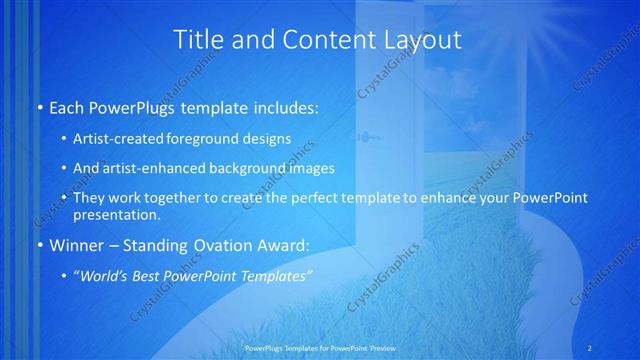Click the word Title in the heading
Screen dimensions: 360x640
(198, 40)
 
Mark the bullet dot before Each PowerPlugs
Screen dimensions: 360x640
(39, 106)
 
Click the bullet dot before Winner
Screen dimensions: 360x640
(39, 243)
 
